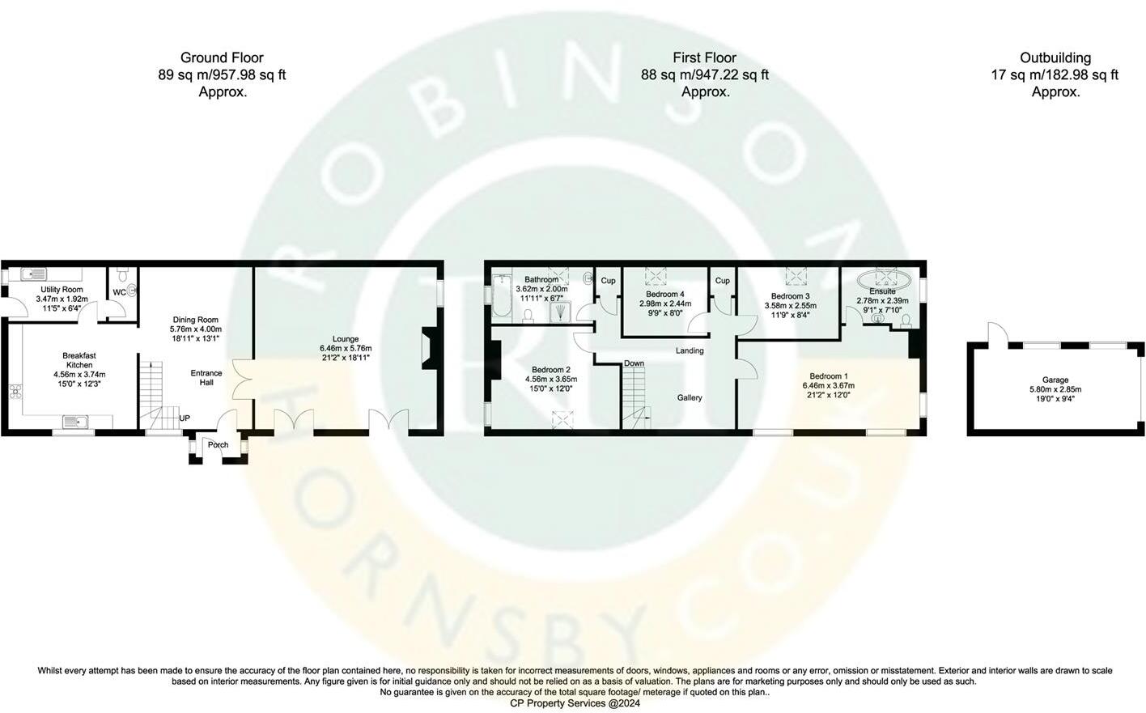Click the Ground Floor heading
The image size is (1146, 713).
(x=222, y=57)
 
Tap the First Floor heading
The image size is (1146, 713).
(x=704, y=57)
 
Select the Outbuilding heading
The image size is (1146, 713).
(x=1055, y=57)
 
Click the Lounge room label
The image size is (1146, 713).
(x=346, y=339)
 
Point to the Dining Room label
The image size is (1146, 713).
(x=195, y=320)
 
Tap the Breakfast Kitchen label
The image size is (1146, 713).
(x=79, y=360)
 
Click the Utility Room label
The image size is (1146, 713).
(x=62, y=290)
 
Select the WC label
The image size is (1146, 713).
(x=119, y=293)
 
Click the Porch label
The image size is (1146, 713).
(x=218, y=445)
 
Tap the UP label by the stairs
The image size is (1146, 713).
(x=185, y=418)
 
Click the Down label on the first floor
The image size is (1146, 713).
(x=634, y=363)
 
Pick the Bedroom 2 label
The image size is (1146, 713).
(x=551, y=370)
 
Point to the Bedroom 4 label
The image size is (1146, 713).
(x=665, y=295)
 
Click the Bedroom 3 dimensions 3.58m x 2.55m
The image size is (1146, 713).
(x=791, y=306)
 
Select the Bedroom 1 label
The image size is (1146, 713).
(x=828, y=376)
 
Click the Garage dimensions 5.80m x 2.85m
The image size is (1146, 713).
(x=1055, y=389)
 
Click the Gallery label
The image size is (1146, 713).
(x=690, y=398)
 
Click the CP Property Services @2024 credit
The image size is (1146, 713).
(x=575, y=703)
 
